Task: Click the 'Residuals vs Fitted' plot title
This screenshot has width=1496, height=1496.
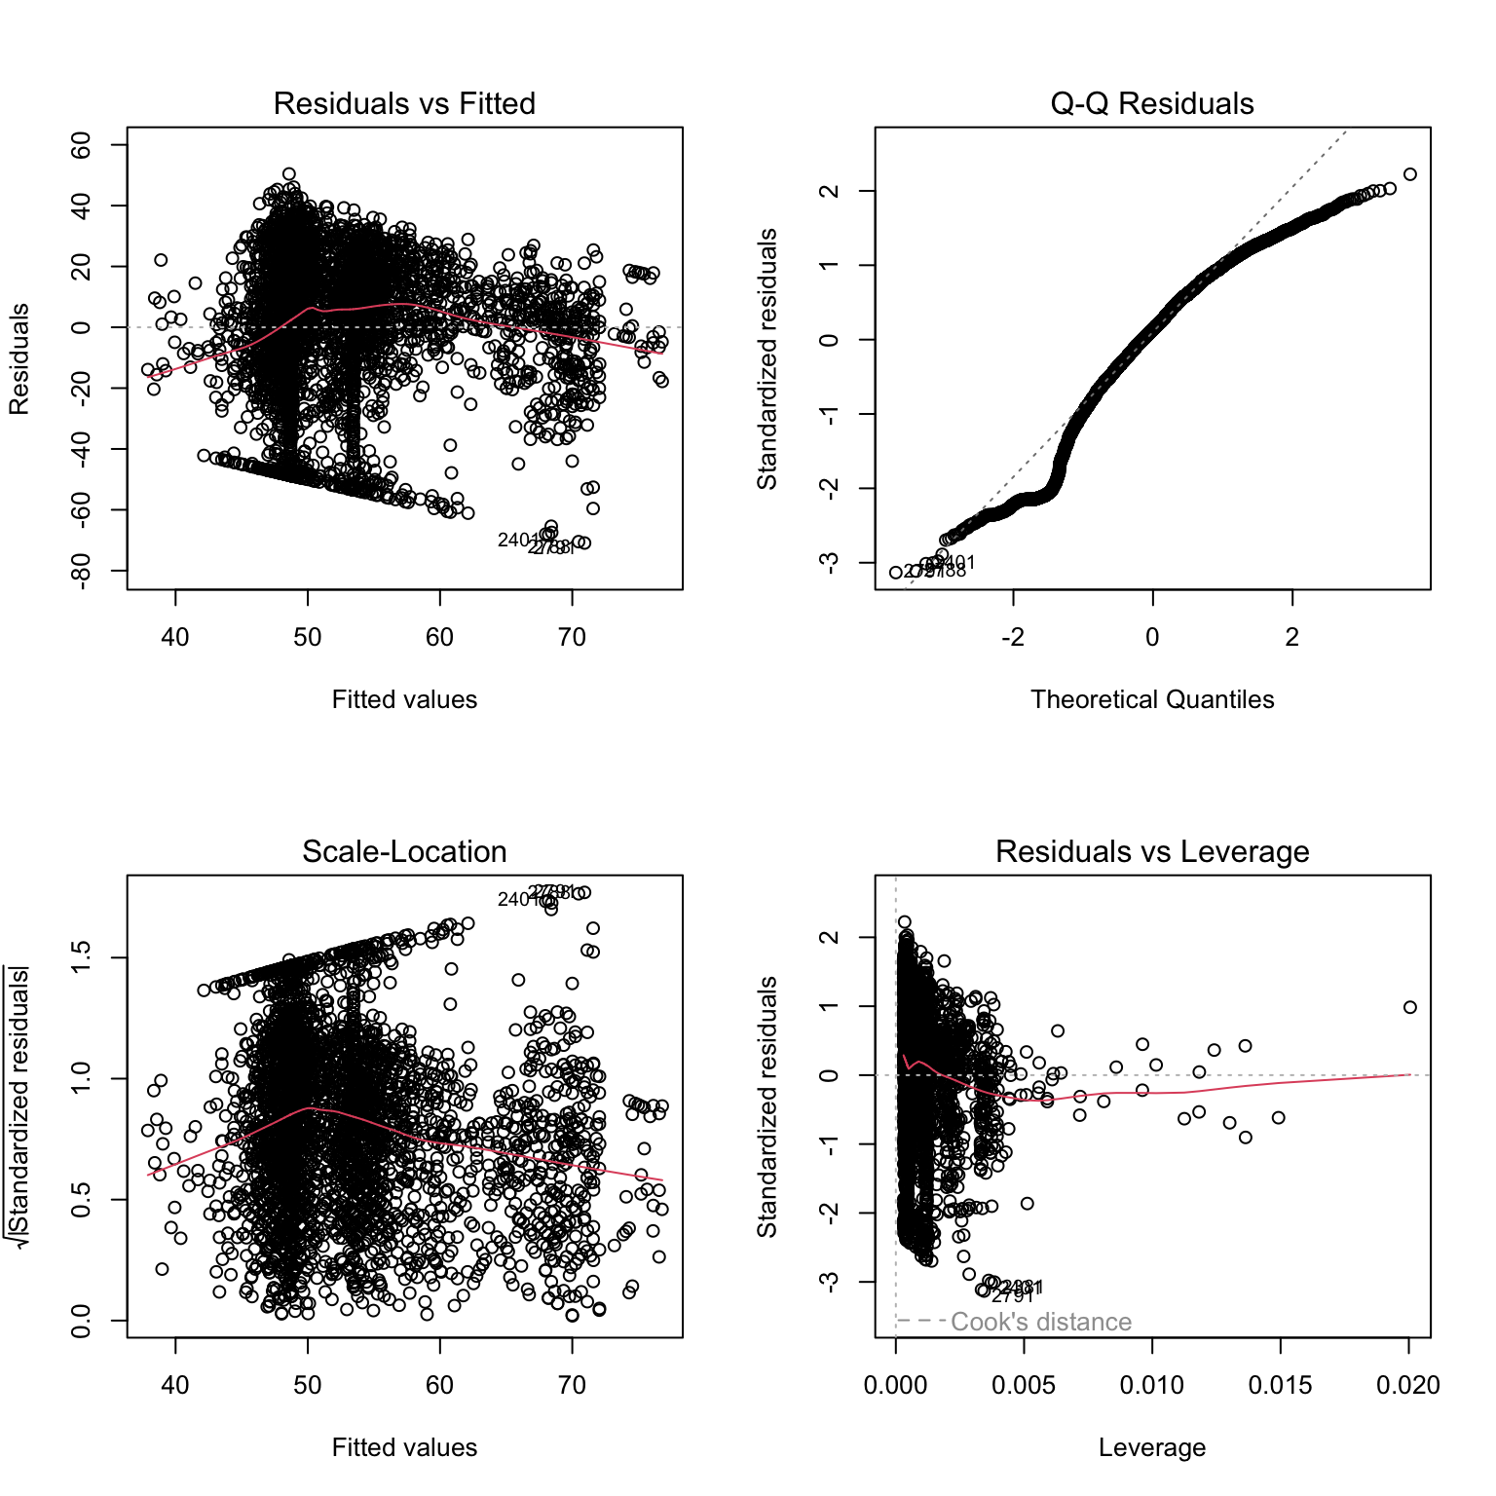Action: (x=404, y=103)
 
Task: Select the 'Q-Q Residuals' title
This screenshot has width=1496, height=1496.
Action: (x=1151, y=103)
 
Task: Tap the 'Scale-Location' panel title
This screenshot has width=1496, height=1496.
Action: (x=404, y=851)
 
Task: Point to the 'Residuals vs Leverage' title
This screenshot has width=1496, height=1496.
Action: (x=1151, y=851)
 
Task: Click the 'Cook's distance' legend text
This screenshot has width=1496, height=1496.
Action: (x=1040, y=1322)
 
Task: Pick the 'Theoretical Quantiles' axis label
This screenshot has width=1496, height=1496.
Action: (x=1151, y=699)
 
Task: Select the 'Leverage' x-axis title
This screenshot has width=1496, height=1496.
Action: (x=1151, y=1447)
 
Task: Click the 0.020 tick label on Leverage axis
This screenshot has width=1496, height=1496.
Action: (x=1408, y=1385)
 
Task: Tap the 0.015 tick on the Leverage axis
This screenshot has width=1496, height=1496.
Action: (x=1280, y=1385)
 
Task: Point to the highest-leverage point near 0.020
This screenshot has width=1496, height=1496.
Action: (x=1409, y=1007)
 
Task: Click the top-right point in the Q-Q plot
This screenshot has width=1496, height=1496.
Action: (x=1409, y=174)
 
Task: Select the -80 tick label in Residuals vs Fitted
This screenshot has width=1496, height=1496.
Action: (x=82, y=571)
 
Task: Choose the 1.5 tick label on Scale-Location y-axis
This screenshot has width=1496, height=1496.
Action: (x=82, y=957)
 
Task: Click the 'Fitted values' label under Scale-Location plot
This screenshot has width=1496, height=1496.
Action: (x=404, y=1447)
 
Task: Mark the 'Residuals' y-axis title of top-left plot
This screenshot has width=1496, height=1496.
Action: (x=19, y=358)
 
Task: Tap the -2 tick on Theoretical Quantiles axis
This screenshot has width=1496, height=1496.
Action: (x=1013, y=637)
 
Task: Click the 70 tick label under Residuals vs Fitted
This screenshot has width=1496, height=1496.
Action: (x=572, y=637)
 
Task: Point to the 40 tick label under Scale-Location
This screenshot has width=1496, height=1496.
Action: (x=175, y=1385)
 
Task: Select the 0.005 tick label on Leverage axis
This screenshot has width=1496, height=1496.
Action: (x=1024, y=1385)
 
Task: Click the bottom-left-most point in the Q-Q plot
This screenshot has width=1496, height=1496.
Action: (x=896, y=573)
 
